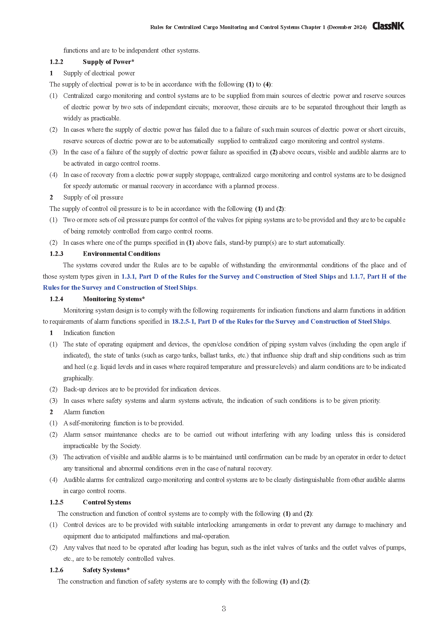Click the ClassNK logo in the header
click(388, 26)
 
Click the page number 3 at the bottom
click(224, 608)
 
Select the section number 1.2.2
click(56, 62)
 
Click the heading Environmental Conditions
click(121, 254)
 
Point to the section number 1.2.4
click(56, 299)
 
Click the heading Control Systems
click(107, 502)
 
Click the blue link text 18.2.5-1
click(183, 321)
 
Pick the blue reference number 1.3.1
click(129, 276)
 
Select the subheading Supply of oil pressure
click(93, 197)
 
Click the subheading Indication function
click(89, 333)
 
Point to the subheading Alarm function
click(84, 412)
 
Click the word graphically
click(78, 378)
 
